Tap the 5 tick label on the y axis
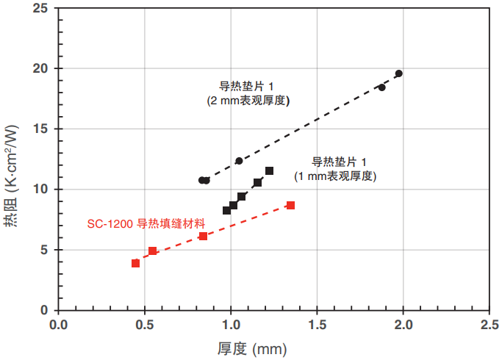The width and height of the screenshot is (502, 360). [44, 250]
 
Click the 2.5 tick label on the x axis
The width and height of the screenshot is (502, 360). [490, 324]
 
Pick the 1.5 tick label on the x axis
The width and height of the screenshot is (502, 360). [317, 324]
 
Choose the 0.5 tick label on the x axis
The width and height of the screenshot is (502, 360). [144, 324]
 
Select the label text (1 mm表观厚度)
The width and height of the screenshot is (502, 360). [334, 176]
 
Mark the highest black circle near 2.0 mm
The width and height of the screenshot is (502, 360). [398, 73]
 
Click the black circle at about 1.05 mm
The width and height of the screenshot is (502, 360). [239, 161]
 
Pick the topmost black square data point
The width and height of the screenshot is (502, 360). [269, 171]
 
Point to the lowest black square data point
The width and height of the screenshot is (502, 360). [226, 210]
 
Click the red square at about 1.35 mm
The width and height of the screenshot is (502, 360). [290, 205]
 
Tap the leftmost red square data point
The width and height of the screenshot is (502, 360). [135, 263]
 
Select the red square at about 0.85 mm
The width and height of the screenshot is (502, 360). [203, 237]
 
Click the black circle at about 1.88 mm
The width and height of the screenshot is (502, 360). [381, 87]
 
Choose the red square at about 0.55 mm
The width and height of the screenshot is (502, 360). [152, 251]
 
